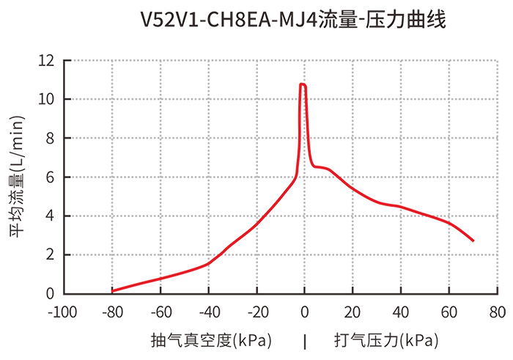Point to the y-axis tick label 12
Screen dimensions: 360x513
tap(48, 61)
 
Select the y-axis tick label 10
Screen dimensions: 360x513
tap(48, 100)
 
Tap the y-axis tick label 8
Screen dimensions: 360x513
tap(51, 139)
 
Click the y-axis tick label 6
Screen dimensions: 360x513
tap(51, 177)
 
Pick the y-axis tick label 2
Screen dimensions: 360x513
tap(51, 255)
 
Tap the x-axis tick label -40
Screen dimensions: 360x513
tap(208, 312)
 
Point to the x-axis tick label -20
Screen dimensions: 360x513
tap(256, 312)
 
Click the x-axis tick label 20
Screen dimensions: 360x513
tap(353, 312)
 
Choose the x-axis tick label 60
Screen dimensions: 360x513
tap(449, 312)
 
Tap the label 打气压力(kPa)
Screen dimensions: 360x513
tap(386, 341)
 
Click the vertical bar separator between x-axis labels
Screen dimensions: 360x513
tap(305, 341)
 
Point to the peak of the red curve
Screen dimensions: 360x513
tap(303, 85)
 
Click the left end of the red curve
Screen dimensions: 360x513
tap(112, 290)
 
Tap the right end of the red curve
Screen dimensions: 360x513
tap(473, 240)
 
